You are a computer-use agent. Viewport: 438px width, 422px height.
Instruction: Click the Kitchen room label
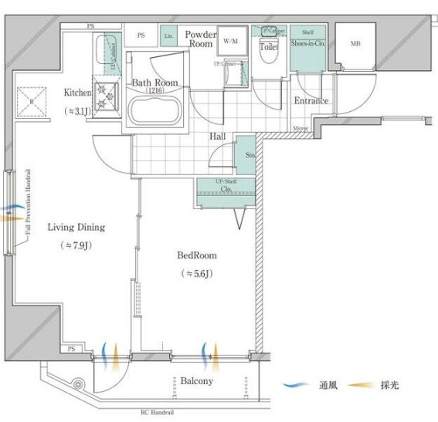[77, 93]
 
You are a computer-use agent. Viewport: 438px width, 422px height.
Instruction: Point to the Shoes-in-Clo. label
[307, 43]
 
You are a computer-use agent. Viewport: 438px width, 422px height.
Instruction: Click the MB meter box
[355, 44]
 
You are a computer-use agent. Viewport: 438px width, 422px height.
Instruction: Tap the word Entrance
[311, 100]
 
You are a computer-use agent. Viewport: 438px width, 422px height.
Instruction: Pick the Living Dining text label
[76, 227]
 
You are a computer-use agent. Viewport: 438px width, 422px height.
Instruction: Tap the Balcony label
[197, 381]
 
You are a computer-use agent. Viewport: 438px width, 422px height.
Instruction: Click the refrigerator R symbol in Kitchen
[31, 101]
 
